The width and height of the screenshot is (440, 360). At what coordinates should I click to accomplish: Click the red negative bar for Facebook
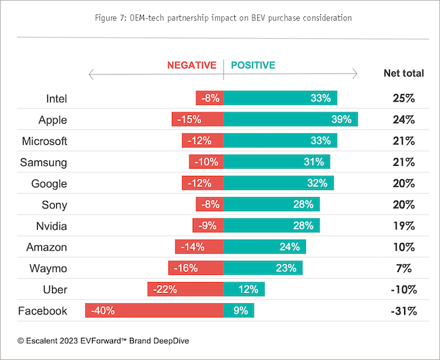[x=154, y=311]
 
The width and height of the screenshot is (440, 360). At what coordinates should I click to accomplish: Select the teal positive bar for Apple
[x=290, y=120]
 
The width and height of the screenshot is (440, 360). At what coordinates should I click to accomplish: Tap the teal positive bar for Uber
[x=244, y=290]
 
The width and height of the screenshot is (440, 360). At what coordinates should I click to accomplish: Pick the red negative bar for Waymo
[x=196, y=268]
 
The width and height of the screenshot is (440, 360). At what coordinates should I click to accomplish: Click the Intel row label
[x=56, y=98]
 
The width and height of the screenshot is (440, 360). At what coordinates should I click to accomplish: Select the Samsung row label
[x=48, y=162]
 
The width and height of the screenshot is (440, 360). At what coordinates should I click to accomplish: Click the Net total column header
[x=403, y=73]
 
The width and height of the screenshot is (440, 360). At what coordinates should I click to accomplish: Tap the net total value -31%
[x=403, y=311]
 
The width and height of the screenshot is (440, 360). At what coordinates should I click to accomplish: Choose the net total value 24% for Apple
[x=403, y=120]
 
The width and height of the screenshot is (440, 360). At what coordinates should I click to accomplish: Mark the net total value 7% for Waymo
[x=403, y=268]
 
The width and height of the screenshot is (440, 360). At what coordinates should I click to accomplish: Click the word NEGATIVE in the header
[x=192, y=66]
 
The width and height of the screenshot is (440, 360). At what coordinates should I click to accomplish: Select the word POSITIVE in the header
[x=253, y=66]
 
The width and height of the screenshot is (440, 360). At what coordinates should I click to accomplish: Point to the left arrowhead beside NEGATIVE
[x=91, y=73]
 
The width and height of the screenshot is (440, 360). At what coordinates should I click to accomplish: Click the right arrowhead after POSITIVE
[x=355, y=73]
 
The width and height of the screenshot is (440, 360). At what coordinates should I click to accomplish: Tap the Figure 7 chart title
[x=220, y=18]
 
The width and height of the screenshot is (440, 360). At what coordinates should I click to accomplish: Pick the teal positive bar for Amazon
[x=265, y=247]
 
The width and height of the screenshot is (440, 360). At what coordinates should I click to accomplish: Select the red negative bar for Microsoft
[x=202, y=141]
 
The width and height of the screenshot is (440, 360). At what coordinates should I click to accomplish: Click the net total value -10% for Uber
[x=403, y=290]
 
